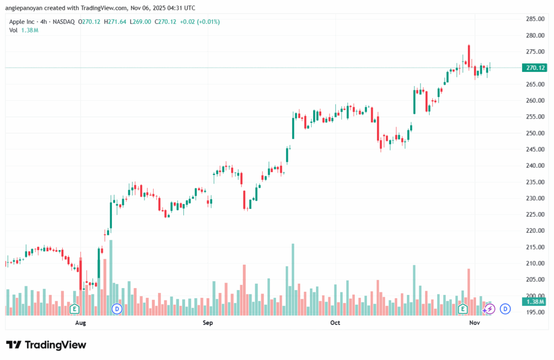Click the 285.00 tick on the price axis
[535, 19]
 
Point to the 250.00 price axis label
[535, 133]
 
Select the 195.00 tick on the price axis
[535, 312]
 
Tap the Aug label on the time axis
[81, 323]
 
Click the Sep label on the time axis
[208, 323]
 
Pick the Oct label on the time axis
[335, 323]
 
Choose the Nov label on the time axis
[474, 323]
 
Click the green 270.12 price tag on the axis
[535, 68]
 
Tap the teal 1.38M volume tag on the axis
[535, 302]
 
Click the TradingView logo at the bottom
[46, 345]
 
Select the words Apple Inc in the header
[24, 22]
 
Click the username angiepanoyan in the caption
[25, 8]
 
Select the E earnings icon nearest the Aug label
[75, 309]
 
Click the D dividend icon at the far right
[505, 309]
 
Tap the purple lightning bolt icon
[490, 309]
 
